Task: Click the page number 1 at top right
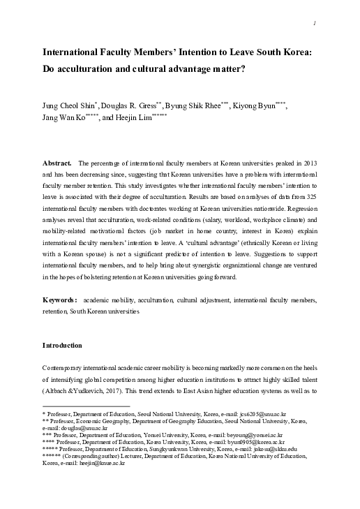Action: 317,23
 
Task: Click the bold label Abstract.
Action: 58,162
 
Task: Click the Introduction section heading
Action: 63,346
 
